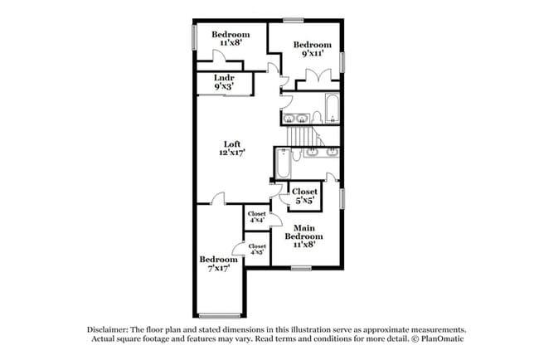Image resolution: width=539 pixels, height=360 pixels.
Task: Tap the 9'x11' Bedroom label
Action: click(x=312, y=49)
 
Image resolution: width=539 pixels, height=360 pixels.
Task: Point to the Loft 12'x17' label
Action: click(x=232, y=148)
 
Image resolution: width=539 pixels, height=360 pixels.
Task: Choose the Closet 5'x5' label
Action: click(x=304, y=196)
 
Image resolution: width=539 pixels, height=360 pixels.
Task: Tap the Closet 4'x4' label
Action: click(x=257, y=217)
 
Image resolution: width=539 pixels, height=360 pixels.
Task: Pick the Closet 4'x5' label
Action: click(x=257, y=250)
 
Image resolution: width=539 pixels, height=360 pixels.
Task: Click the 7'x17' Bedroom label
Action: click(x=219, y=264)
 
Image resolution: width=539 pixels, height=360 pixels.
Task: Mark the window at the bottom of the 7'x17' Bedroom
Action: click(x=218, y=314)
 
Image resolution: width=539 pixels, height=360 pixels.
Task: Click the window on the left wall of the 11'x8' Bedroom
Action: click(x=194, y=38)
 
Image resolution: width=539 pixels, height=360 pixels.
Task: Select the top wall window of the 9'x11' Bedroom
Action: click(x=294, y=20)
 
